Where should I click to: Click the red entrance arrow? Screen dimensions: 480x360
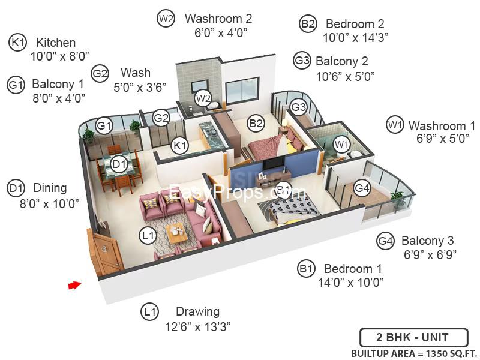pos(74,285)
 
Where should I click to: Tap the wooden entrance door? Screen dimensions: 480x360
pos(104,251)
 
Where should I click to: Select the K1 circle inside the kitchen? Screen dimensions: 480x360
pos(179,145)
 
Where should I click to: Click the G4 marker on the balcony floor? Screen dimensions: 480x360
pos(362,188)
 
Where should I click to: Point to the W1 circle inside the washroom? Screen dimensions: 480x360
pos(341,144)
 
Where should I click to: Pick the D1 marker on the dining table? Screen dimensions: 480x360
pos(119,164)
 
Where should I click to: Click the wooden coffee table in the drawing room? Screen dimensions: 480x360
pos(176,233)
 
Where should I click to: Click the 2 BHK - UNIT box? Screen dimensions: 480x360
pos(414,337)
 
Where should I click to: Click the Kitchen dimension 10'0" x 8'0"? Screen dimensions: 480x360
pos(59,56)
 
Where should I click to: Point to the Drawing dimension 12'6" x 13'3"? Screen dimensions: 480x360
pos(197,326)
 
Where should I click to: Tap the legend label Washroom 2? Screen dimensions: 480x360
pos(218,19)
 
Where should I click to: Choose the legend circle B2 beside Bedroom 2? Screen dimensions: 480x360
pos(308,23)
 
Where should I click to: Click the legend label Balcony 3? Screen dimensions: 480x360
pos(427,241)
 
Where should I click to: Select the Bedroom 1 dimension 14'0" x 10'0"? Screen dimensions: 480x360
pos(350,282)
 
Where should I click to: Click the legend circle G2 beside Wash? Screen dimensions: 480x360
pos(100,74)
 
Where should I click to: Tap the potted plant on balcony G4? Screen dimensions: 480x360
pos(398,199)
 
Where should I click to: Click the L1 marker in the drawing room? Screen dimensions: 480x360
pos(148,235)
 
